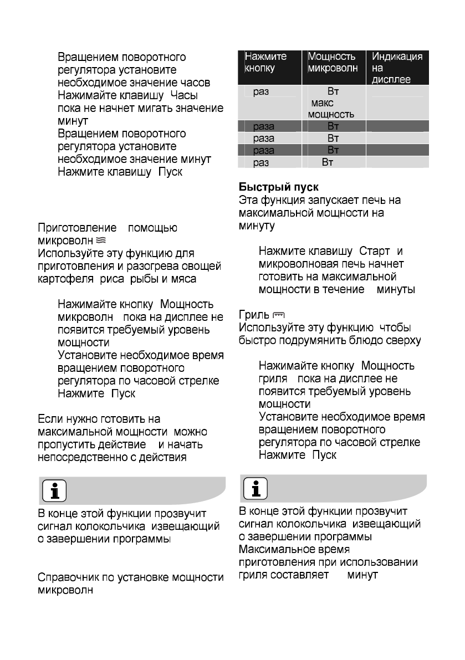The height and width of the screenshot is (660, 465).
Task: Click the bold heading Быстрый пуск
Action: tap(278, 187)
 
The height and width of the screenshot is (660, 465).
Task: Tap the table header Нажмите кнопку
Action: tap(266, 63)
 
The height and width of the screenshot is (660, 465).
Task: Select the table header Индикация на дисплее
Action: tap(397, 68)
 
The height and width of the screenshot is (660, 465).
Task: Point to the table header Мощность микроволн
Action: tap(333, 63)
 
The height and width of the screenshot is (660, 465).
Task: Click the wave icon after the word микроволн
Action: tap(100, 241)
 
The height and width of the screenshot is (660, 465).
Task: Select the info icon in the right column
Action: tap(256, 489)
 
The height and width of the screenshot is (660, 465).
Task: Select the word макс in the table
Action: tap(323, 103)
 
